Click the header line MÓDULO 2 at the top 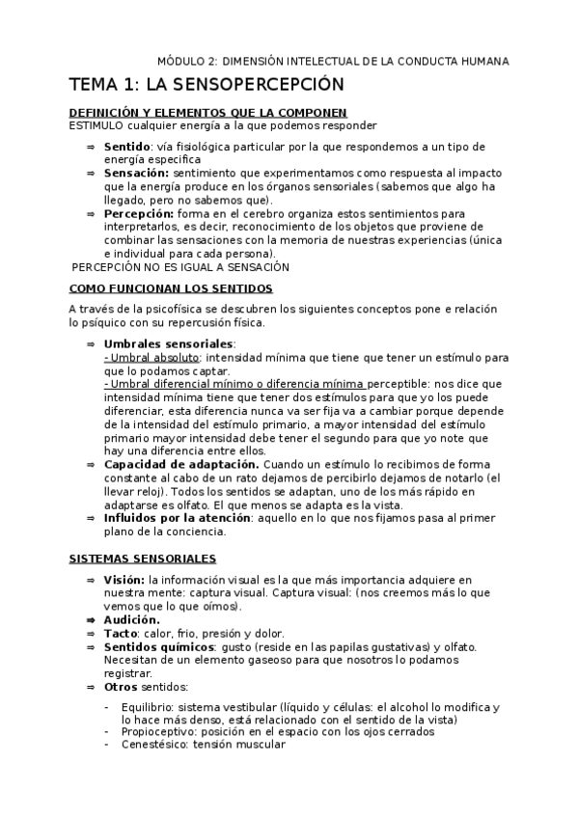[x=333, y=61]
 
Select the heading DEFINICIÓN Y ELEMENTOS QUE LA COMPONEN [x=208, y=113]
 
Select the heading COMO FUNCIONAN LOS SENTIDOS [x=171, y=288]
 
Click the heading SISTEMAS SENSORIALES [x=142, y=559]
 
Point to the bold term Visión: [x=124, y=579]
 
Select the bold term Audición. [x=132, y=619]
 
